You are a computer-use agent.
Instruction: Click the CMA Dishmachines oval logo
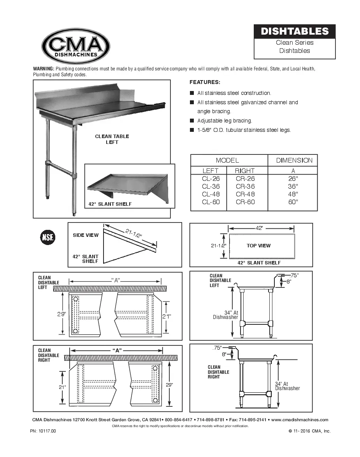[76, 46]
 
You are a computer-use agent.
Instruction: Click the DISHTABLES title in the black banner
[295, 32]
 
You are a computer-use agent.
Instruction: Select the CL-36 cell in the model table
[210, 186]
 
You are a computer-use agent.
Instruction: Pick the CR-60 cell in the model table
[245, 202]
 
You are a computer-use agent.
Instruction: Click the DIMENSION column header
[294, 160]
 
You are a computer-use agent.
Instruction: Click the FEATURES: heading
[205, 82]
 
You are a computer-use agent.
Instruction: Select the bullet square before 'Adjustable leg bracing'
[192, 121]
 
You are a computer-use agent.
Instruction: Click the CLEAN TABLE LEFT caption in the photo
[112, 139]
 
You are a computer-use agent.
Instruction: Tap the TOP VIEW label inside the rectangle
[258, 245]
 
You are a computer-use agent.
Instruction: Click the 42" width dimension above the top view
[259, 228]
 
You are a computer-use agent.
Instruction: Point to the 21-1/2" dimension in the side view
[133, 233]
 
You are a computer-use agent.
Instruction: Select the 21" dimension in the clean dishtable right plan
[62, 387]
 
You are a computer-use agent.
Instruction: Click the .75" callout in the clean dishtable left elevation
[294, 275]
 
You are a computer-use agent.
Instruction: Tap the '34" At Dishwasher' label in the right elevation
[287, 386]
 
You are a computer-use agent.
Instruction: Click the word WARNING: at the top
[44, 69]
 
